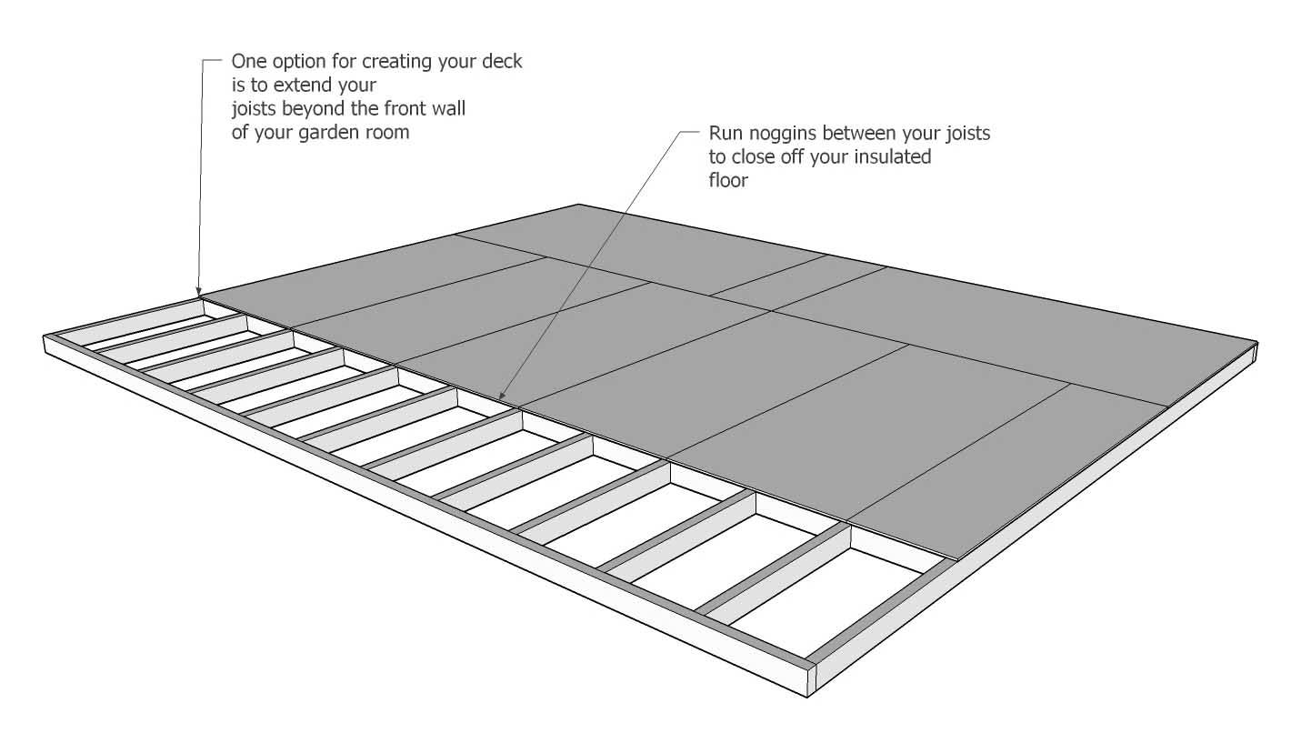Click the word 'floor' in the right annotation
[728, 180]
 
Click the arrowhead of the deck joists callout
[199, 293]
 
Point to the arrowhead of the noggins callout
[501, 398]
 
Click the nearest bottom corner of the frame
[809, 696]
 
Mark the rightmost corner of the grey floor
[1257, 343]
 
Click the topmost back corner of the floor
[579, 205]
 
